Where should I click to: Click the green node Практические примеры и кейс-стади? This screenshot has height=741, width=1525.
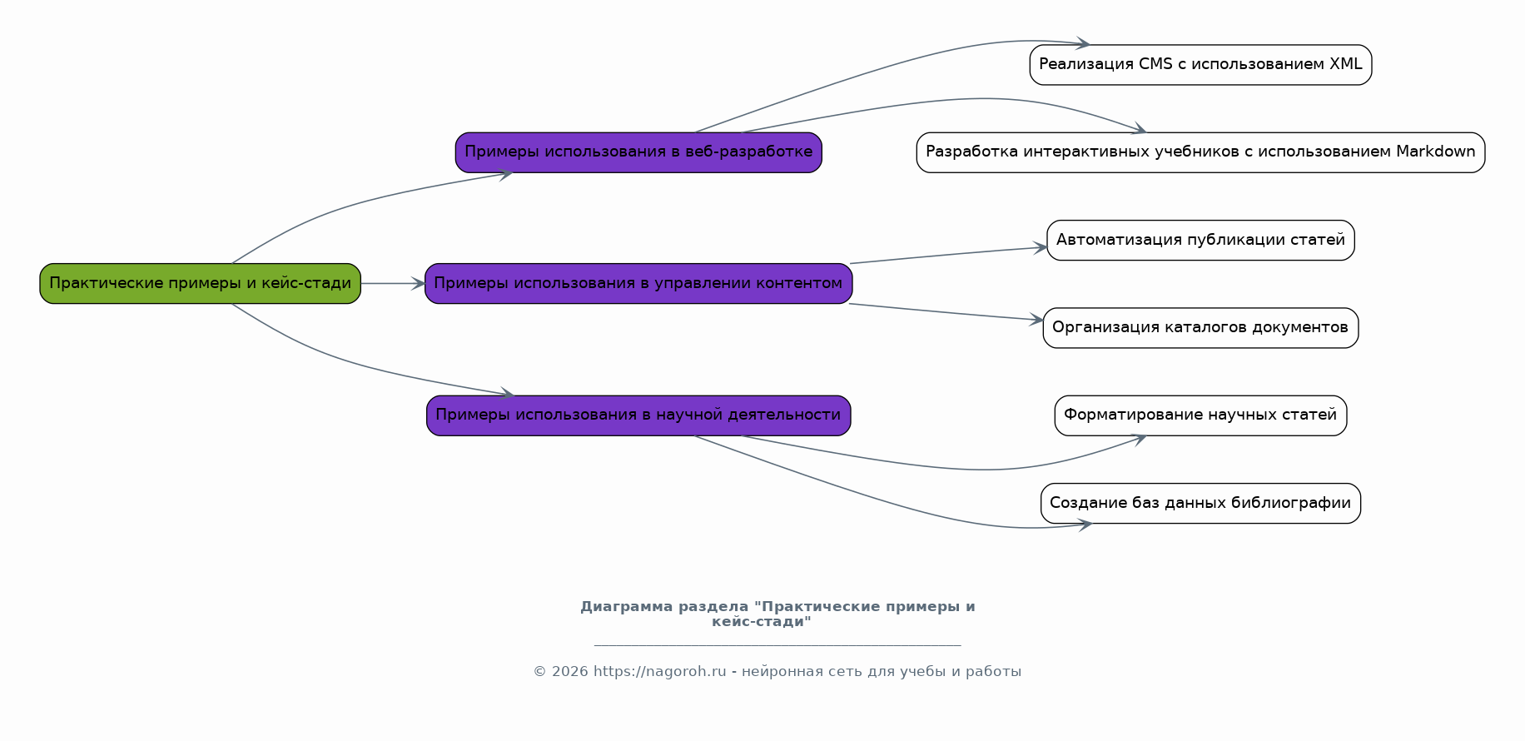[200, 284]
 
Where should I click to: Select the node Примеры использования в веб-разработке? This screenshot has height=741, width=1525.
[638, 152]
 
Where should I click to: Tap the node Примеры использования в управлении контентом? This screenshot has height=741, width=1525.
[638, 284]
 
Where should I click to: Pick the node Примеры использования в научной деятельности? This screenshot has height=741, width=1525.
[638, 415]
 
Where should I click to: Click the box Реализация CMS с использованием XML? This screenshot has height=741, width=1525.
[1200, 65]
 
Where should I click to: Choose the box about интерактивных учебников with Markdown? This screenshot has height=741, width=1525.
[1200, 152]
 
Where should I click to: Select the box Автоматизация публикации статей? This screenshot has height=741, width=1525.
[1200, 241]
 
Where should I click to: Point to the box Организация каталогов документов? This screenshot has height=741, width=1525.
[1200, 328]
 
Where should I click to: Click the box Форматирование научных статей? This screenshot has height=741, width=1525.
[1200, 415]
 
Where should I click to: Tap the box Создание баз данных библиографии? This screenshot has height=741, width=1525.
[1200, 504]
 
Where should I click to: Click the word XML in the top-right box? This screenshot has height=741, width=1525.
[1346, 64]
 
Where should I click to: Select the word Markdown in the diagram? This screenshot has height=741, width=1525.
[1436, 152]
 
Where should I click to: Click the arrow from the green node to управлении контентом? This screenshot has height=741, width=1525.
[393, 284]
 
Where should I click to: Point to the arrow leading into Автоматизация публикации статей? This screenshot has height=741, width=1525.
[948, 255]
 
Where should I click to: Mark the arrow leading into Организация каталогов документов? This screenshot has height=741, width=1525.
[946, 312]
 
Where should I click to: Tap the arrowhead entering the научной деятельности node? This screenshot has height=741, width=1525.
[507, 393]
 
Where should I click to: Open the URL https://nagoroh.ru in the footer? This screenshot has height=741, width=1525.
[659, 672]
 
